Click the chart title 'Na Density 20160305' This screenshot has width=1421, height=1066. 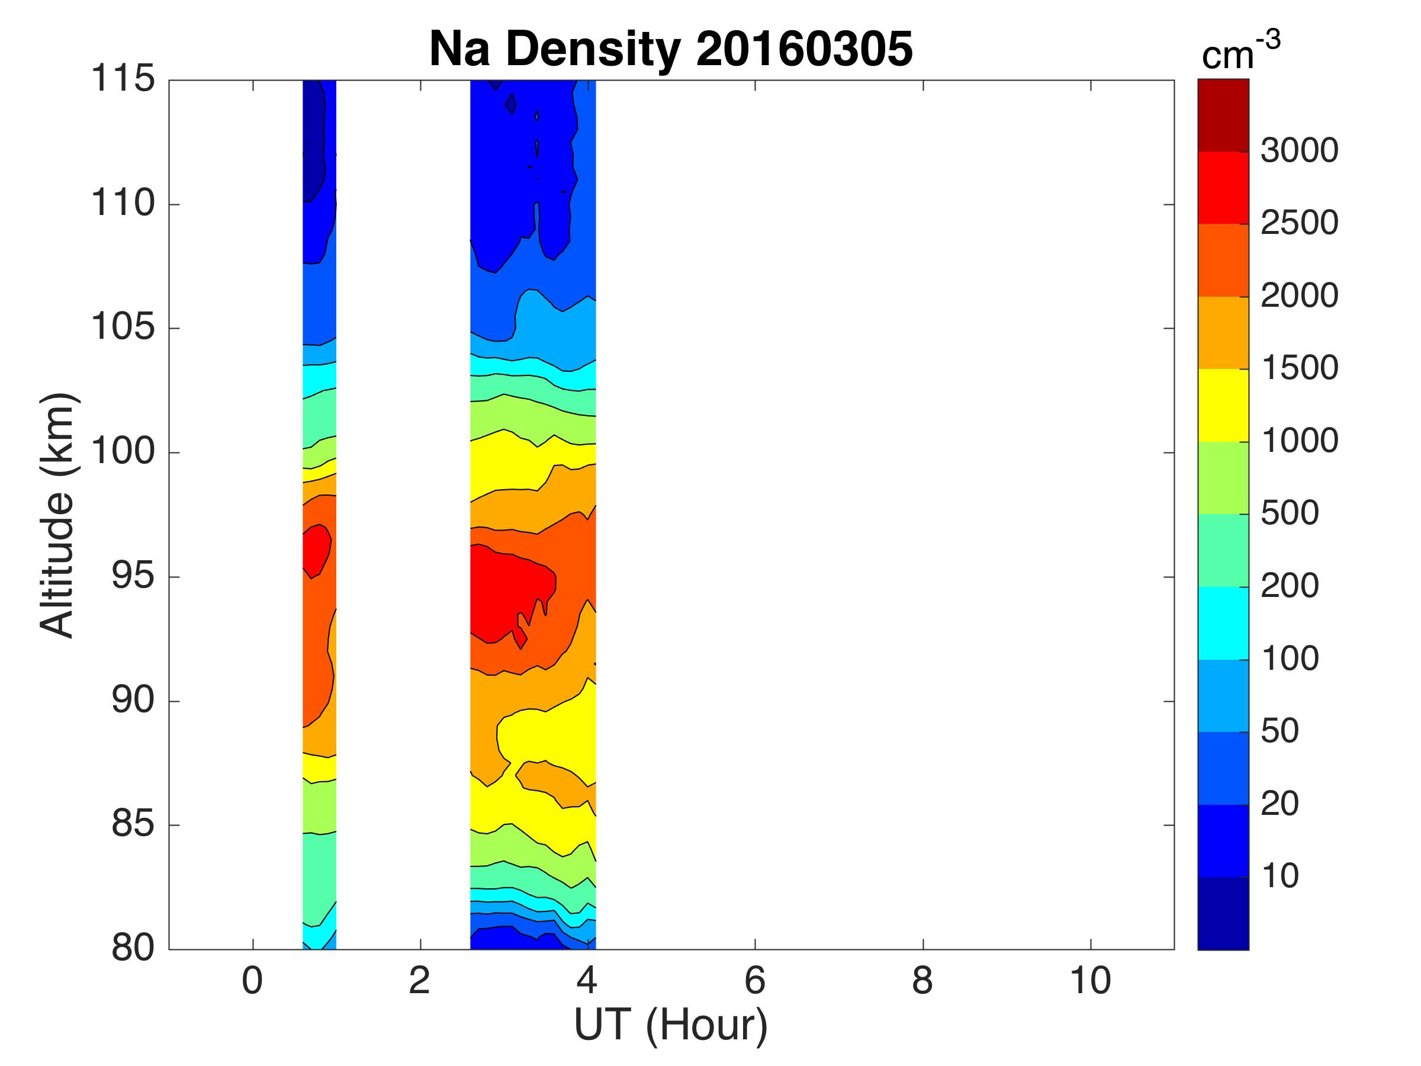671,49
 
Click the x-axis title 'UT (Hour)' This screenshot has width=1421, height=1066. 671,1025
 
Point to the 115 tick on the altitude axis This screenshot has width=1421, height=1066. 123,80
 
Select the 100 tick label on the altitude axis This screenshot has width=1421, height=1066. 123,452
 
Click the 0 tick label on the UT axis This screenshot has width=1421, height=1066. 252,981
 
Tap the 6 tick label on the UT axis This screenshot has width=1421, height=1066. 755,981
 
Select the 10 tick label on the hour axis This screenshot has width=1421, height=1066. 1089,981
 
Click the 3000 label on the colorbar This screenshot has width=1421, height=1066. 1299,151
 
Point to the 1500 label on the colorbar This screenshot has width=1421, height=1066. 1299,368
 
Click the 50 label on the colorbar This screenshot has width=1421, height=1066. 1279,731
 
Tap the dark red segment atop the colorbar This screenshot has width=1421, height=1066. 1223,115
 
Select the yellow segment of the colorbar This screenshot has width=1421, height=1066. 1223,405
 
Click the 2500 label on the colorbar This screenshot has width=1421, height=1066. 1299,223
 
